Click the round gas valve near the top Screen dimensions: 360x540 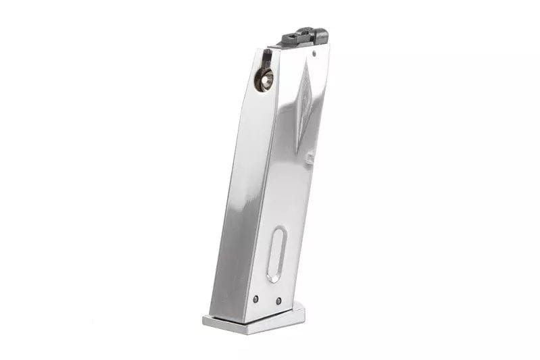264,82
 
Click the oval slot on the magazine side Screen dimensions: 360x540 276,254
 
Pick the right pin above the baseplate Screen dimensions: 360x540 278,301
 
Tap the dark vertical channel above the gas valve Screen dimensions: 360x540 267,61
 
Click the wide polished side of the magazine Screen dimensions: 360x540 284,189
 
